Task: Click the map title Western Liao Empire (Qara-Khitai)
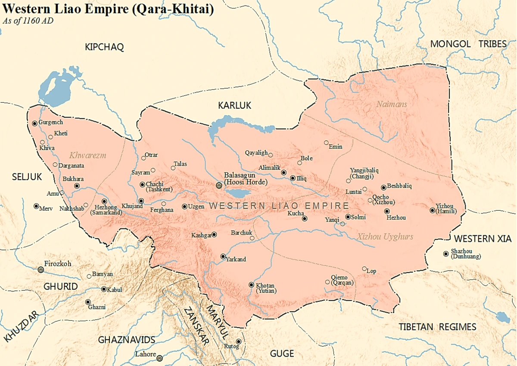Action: [108, 9]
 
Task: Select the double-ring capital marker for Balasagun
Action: [219, 185]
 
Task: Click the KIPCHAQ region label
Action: [104, 48]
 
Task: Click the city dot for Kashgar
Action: [214, 234]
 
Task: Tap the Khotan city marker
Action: [252, 285]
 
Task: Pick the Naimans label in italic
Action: [391, 104]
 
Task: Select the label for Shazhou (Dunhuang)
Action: [465, 254]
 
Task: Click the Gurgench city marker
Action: [34, 123]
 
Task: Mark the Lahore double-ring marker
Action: [159, 358]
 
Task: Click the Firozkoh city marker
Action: [41, 270]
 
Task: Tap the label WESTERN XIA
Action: [482, 239]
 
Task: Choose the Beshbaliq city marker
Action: [383, 187]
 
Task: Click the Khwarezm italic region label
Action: [87, 155]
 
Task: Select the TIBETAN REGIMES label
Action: [437, 327]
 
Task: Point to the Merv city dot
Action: [36, 206]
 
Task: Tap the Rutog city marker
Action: [238, 341]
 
